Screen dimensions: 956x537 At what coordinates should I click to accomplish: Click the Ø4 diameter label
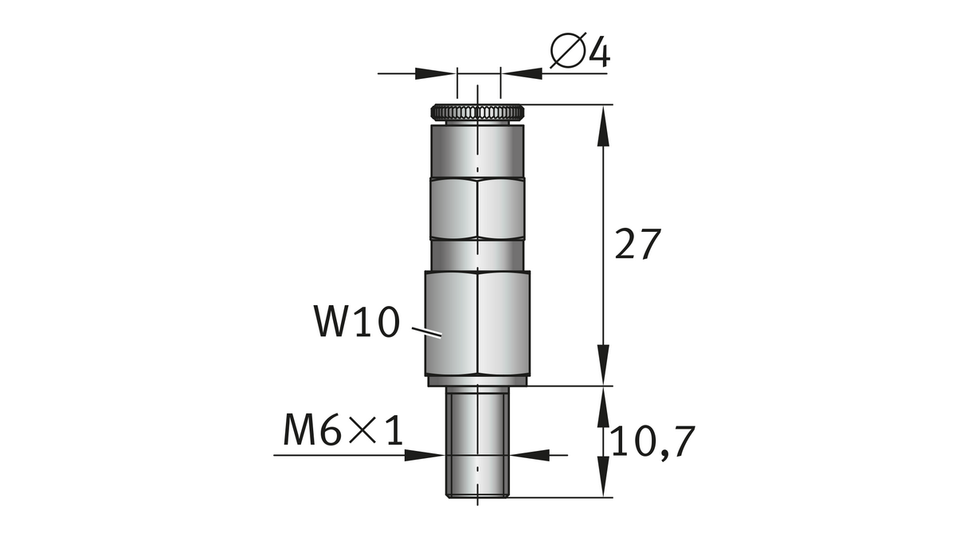tap(580, 51)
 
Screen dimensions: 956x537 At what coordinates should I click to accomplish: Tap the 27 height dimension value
tap(637, 244)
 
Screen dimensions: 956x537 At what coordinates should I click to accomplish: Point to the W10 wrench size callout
tap(357, 321)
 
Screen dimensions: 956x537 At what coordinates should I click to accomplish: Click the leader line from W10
tap(426, 332)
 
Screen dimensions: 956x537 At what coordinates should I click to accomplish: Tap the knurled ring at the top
tap(477, 112)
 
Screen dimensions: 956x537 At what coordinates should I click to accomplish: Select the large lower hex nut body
tap(477, 323)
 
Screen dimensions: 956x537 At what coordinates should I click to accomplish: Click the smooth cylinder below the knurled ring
tap(477, 151)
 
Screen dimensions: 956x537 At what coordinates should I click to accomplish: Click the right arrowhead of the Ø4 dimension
tap(523, 73)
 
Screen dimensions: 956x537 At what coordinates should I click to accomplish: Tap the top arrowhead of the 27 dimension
tap(602, 126)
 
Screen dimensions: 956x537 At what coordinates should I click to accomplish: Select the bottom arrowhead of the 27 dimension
tap(602, 365)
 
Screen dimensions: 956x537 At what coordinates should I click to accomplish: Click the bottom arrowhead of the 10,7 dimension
tap(602, 476)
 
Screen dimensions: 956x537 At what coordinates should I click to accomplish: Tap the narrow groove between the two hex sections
tap(477, 255)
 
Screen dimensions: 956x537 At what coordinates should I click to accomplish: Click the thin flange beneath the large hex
tap(477, 382)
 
